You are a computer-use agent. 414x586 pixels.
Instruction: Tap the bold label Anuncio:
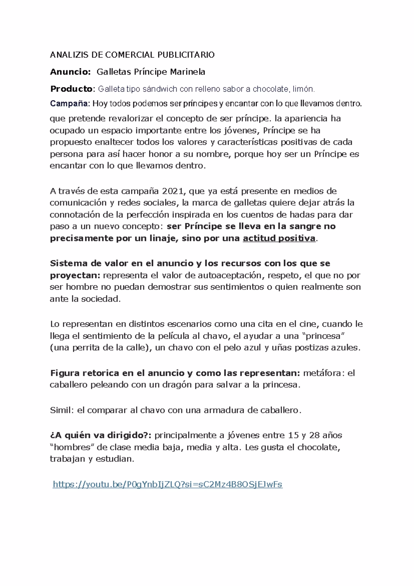[70, 72]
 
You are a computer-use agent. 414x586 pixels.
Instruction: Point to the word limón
[304, 89]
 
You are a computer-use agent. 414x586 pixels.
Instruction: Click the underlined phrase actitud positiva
[279, 238]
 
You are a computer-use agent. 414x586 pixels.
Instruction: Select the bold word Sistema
[68, 264]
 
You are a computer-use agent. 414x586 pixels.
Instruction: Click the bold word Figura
[65, 373]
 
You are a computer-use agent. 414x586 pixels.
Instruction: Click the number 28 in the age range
[315, 435]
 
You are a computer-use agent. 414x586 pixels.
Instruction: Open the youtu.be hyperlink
[167, 484]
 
